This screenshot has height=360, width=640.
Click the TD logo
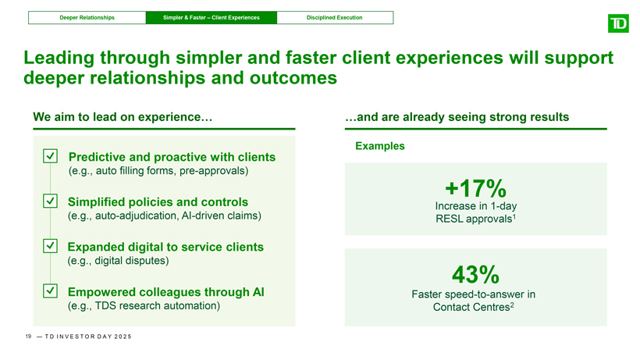click(x=618, y=23)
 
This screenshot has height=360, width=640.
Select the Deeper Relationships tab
click(x=87, y=17)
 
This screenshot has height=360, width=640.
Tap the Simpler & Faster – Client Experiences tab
click(x=212, y=17)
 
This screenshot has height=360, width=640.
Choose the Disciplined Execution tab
click(x=335, y=17)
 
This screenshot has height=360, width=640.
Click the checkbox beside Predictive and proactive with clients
click(x=50, y=156)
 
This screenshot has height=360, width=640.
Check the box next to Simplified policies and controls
click(x=50, y=201)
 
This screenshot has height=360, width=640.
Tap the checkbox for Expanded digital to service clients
click(x=50, y=246)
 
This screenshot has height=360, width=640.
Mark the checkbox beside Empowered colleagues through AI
click(x=50, y=291)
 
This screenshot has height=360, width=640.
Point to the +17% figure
click(x=475, y=188)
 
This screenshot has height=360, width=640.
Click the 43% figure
click(x=475, y=274)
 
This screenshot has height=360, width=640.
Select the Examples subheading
click(x=380, y=146)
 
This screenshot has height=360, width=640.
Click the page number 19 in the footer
click(x=28, y=337)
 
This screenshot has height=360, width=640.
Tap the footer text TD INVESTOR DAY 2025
click(x=88, y=337)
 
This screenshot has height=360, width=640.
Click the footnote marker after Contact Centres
click(x=512, y=305)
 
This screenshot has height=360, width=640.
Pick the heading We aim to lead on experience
click(x=123, y=117)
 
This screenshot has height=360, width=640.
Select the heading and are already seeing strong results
click(x=457, y=117)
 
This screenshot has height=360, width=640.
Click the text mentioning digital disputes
click(x=118, y=260)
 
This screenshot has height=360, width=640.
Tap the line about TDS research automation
click(x=144, y=305)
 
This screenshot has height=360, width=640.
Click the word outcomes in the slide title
click(x=293, y=78)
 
